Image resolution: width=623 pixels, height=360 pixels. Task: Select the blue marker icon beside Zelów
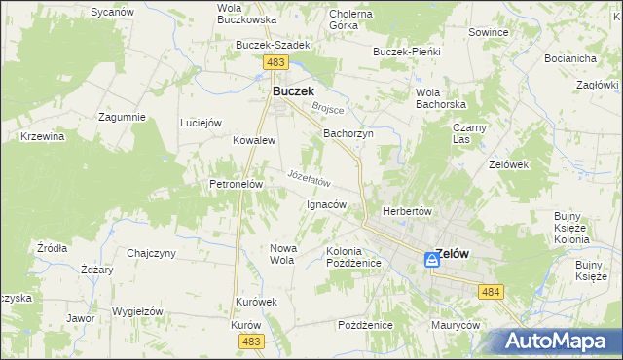[431, 260]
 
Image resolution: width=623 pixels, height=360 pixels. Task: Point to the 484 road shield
[490, 291]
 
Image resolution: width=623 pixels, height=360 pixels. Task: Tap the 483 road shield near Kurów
[252, 341]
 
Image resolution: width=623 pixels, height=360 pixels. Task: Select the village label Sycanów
[111, 12]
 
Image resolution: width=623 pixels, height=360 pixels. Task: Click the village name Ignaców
[326, 205]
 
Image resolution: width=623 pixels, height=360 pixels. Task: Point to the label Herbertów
[407, 211]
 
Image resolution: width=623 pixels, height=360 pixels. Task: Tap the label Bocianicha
[571, 58]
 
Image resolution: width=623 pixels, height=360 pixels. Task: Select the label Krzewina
[42, 136]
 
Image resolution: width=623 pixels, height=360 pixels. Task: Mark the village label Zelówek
[508, 164]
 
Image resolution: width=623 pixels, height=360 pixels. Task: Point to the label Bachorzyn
[348, 133]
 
